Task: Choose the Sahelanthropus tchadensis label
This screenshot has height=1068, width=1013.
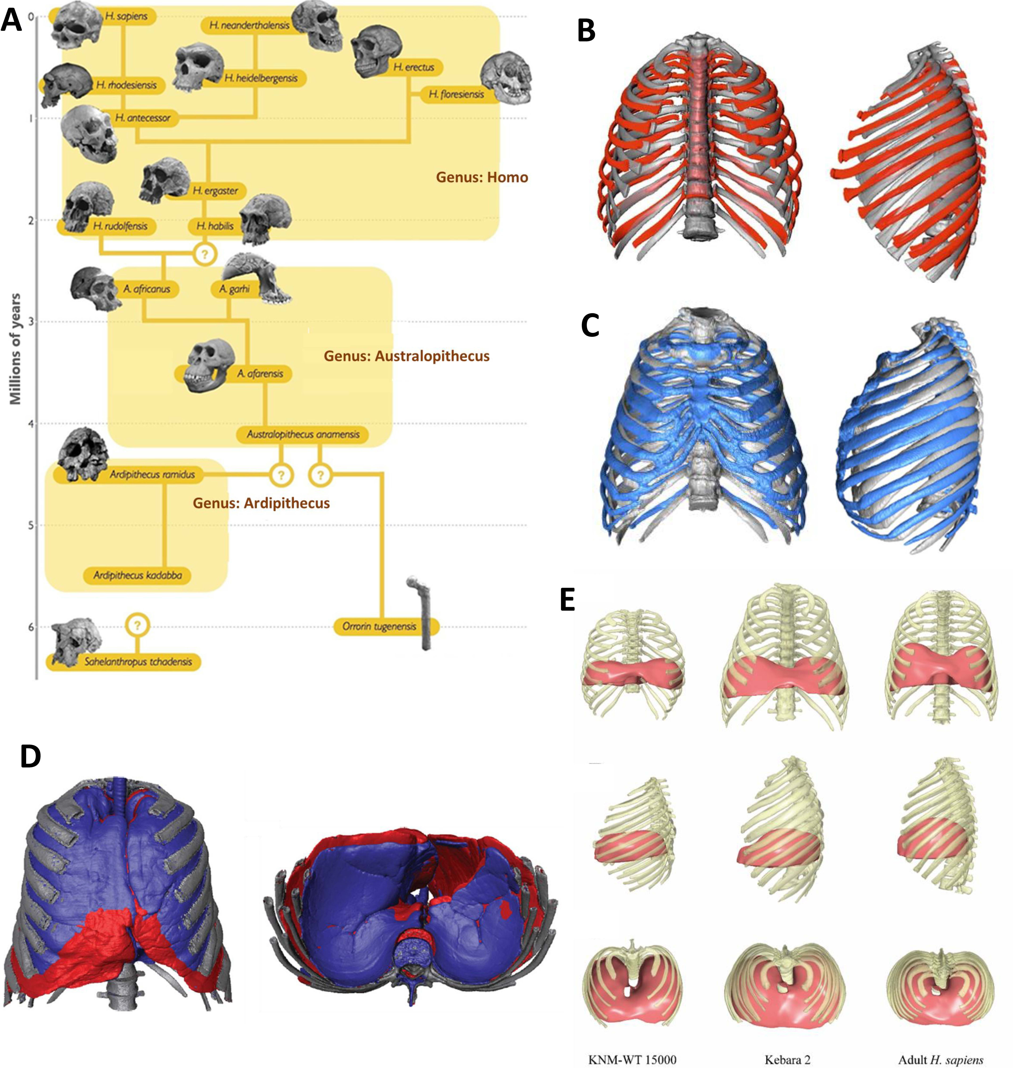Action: coord(138,662)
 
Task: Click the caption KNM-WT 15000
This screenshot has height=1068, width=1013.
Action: coord(632,1059)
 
